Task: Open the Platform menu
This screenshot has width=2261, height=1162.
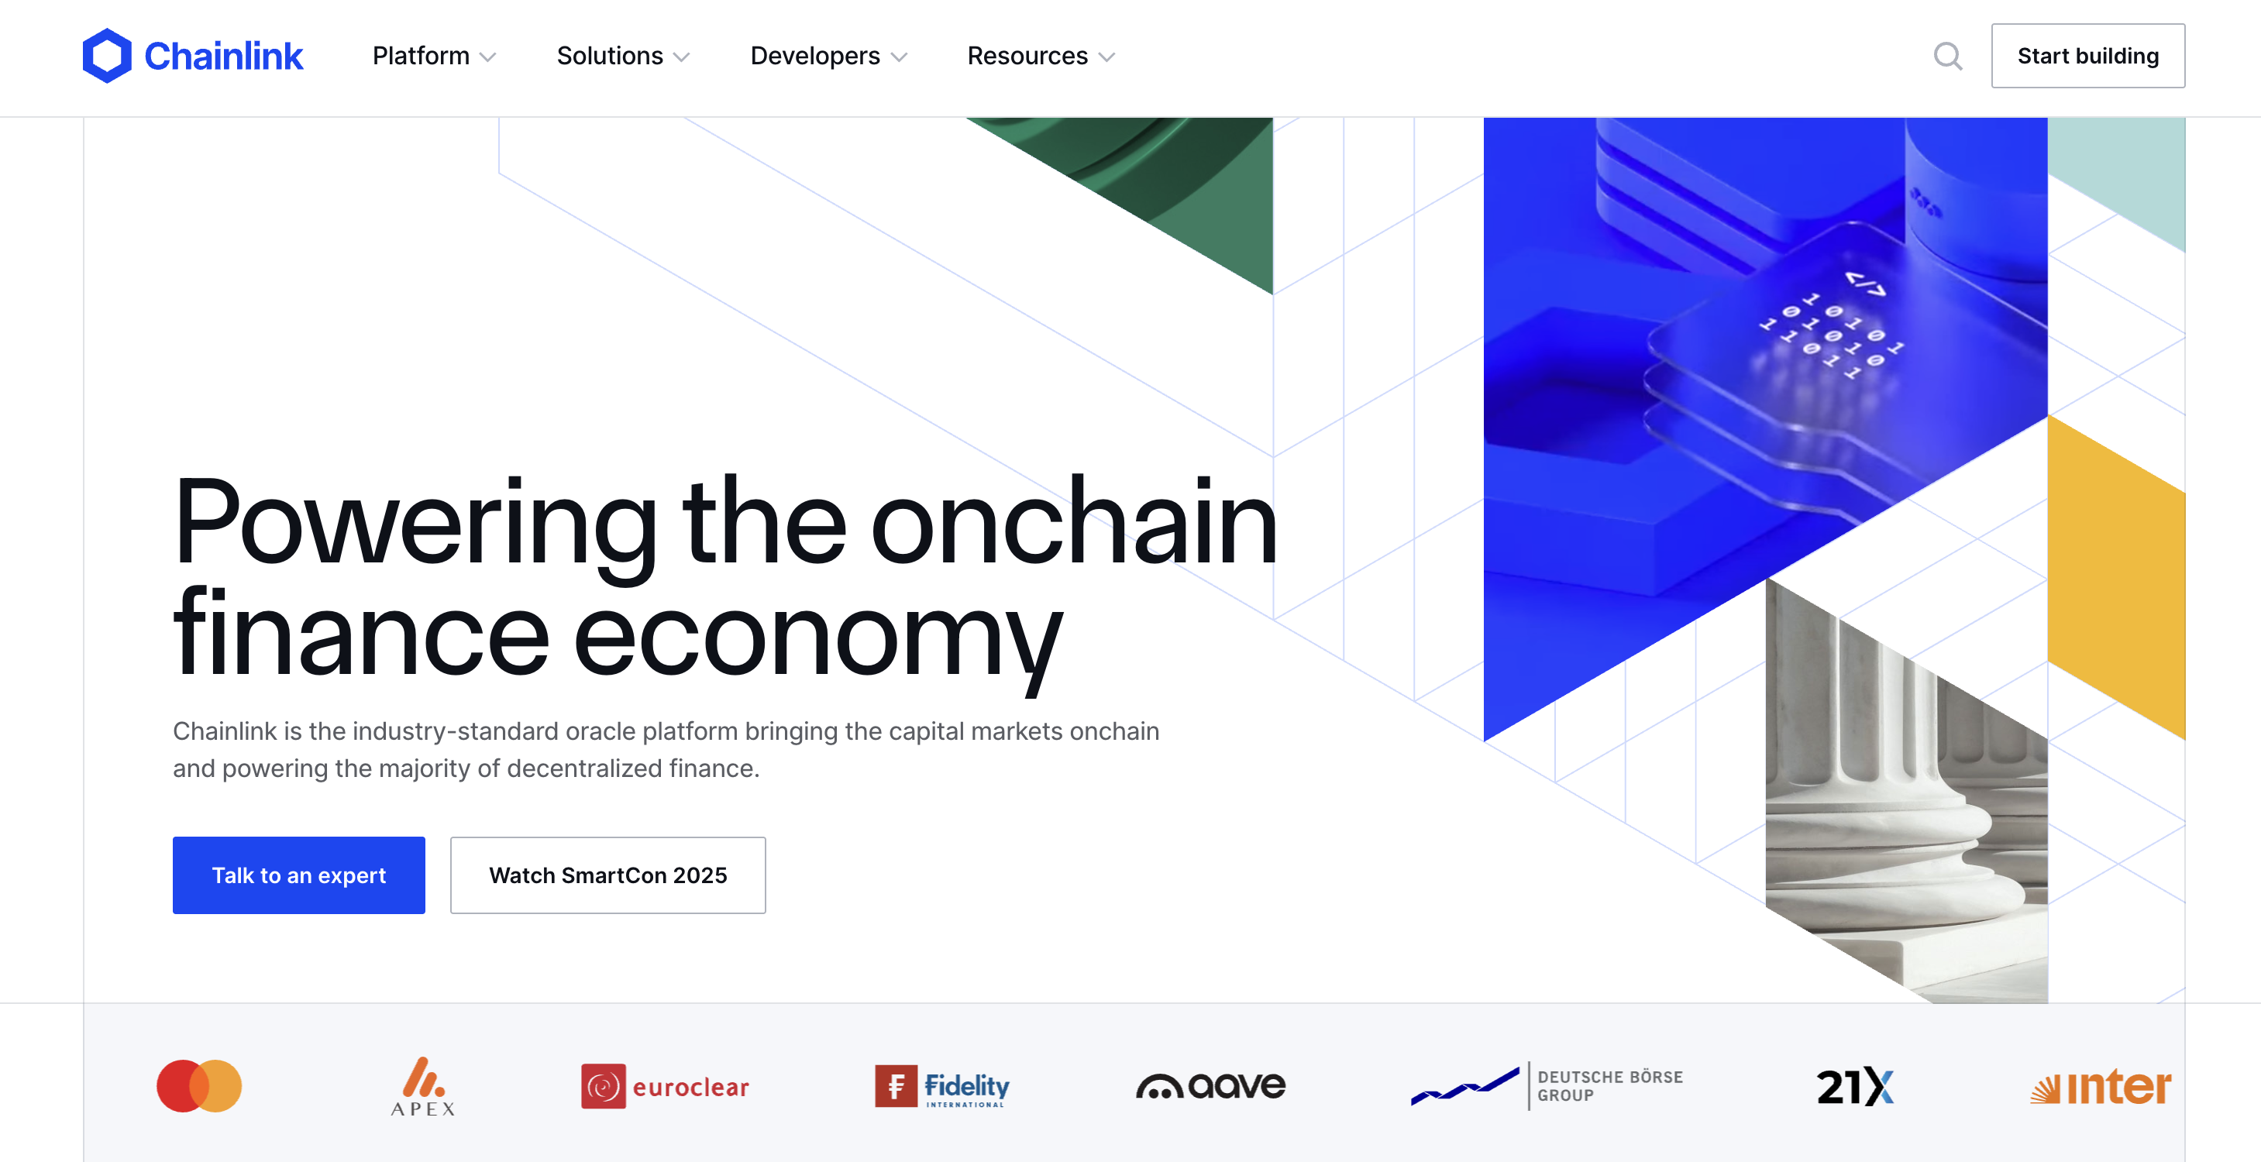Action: click(434, 57)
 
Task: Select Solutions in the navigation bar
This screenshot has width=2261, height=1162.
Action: click(623, 57)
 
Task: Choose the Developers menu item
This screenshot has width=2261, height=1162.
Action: click(828, 57)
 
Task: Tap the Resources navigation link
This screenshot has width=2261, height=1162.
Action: click(1041, 57)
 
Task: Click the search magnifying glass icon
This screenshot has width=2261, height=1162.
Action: click(1948, 57)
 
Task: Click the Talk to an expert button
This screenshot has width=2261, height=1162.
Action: click(298, 875)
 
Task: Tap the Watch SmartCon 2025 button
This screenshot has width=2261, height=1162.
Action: click(607, 875)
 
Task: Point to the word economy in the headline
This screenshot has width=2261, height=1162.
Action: click(817, 636)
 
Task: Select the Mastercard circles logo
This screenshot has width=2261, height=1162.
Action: click(199, 1085)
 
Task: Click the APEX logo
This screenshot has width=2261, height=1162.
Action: click(423, 1087)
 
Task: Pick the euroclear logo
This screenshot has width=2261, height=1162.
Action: click(665, 1087)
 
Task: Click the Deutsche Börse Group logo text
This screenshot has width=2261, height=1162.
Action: click(1609, 1085)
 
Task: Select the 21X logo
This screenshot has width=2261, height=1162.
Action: click(1855, 1087)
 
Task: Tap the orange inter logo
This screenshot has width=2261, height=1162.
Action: click(2101, 1087)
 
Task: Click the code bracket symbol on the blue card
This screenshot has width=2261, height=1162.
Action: click(1864, 284)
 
